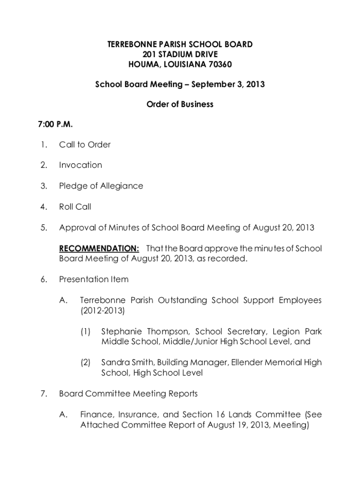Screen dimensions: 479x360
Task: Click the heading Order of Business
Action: [180, 104]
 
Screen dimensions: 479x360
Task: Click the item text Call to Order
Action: [85, 145]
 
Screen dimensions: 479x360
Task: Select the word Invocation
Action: [80, 165]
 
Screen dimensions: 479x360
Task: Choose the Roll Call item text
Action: [75, 206]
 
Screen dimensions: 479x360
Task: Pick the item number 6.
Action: [43, 279]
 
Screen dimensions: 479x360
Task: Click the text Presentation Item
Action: [94, 279]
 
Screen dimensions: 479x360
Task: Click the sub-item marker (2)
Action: [85, 363]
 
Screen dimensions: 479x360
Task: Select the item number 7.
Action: [43, 393]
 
